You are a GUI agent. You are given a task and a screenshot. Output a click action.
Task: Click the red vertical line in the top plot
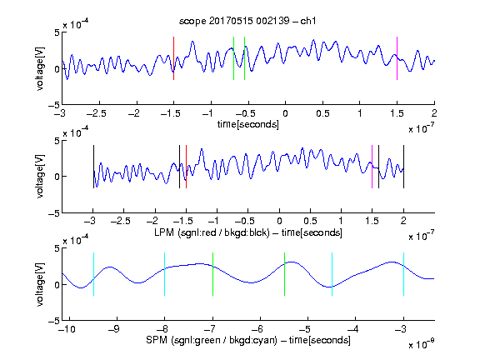pos(173,58)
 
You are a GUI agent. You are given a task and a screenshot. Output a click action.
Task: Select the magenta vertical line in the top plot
pos(397,58)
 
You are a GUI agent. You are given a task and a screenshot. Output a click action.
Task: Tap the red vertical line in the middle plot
pos(186,167)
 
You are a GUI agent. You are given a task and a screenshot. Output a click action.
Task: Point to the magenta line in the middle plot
pos(372,167)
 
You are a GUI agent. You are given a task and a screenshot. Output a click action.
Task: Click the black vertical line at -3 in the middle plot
pos(93,167)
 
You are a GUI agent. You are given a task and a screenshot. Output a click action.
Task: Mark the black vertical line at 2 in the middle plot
pos(403,167)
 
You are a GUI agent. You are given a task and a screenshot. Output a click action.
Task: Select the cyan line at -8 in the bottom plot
pos(165,274)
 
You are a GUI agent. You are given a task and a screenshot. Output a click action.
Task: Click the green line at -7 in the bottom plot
pos(212,274)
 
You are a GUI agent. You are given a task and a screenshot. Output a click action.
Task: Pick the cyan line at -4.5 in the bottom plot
pos(332,274)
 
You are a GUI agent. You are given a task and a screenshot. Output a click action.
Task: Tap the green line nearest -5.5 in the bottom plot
pos(284,274)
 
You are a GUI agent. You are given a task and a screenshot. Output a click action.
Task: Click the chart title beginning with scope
pos(247,21)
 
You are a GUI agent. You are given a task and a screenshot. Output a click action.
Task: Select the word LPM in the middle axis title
pos(164,232)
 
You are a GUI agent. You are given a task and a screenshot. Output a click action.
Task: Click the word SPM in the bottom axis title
pos(157,340)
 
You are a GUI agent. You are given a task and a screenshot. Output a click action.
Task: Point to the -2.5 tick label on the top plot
pos(97,113)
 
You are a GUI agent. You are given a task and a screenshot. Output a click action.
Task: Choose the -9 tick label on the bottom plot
pos(114,329)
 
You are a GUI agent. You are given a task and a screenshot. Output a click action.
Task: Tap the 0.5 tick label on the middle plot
pos(310,221)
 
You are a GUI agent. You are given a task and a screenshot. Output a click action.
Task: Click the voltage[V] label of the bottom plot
pos(40,284)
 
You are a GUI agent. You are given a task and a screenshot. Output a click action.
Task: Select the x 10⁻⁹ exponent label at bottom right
pos(422,344)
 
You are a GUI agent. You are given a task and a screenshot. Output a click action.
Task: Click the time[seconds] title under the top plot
pos(248,124)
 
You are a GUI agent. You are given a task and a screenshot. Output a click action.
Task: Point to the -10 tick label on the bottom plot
pos(67,329)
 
